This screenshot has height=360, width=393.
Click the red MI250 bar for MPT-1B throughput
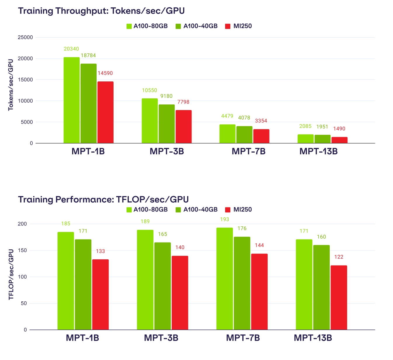[105, 112]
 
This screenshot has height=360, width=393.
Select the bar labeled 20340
[72, 100]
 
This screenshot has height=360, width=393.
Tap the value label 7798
[183, 102]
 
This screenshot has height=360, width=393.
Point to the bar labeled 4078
[244, 134]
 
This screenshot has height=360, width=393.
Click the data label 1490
[339, 129]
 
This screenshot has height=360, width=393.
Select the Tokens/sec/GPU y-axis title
[11, 85]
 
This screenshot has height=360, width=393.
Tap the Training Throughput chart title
[101, 11]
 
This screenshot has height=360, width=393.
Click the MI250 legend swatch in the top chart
[228, 26]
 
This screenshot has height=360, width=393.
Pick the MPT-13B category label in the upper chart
[319, 151]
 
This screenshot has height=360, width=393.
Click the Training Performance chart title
[103, 200]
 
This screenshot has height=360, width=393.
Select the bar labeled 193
[225, 279]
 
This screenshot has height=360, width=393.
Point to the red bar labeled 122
[339, 298]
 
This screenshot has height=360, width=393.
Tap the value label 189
[145, 221]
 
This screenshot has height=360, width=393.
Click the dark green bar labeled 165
[163, 286]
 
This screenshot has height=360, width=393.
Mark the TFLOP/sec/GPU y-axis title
[11, 274]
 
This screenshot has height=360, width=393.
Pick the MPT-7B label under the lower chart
[243, 338]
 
